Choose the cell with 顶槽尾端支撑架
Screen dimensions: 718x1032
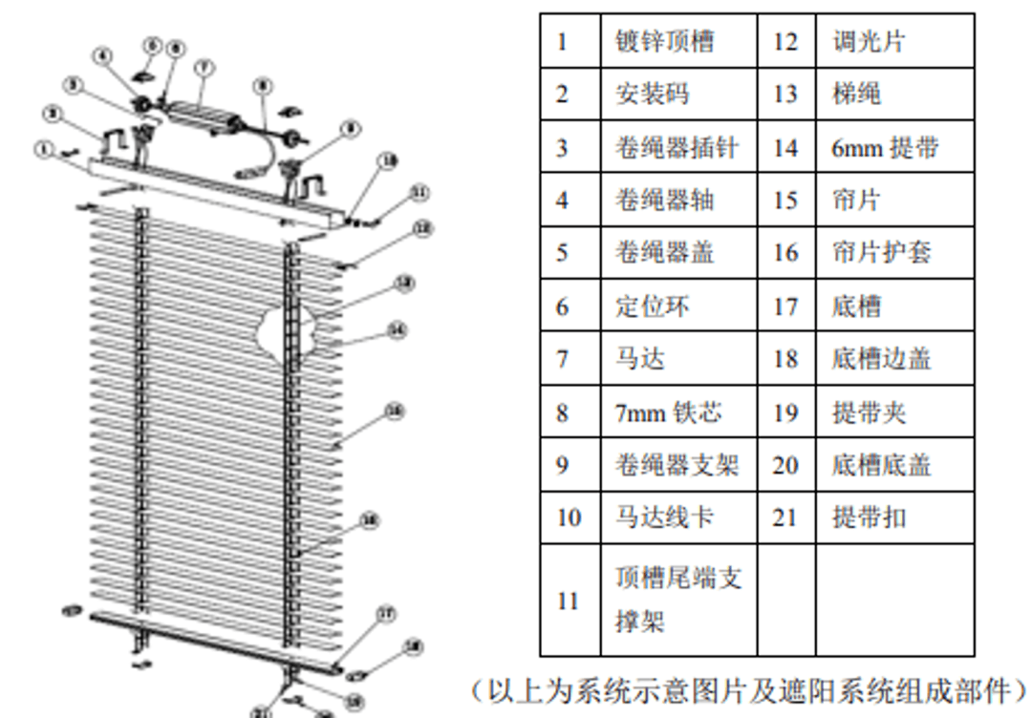(x=677, y=600)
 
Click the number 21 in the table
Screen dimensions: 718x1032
(x=785, y=517)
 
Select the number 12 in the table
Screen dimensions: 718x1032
(x=785, y=41)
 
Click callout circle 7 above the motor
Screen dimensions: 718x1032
(x=204, y=68)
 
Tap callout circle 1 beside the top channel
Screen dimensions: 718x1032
(x=43, y=149)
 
